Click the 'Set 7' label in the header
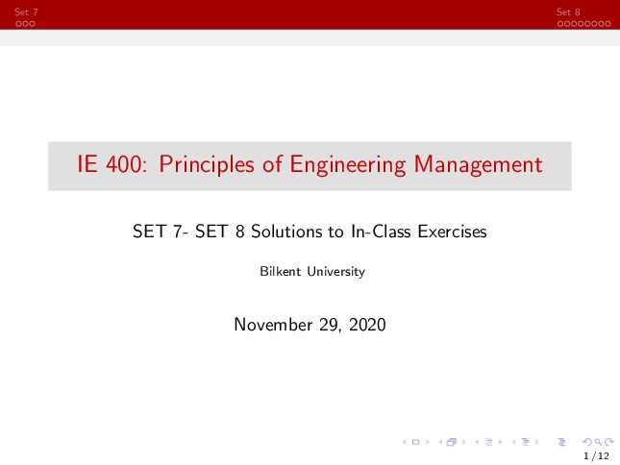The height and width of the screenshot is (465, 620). click(x=26, y=12)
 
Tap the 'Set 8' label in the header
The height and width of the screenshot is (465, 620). click(x=568, y=12)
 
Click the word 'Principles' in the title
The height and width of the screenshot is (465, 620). click(x=207, y=165)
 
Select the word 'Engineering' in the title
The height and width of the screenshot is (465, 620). click(x=348, y=165)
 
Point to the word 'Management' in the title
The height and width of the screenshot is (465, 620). click(x=478, y=164)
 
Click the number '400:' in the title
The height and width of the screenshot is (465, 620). click(x=127, y=164)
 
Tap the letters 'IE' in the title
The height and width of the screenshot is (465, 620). click(x=87, y=164)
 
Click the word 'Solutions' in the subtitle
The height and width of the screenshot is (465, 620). click(x=286, y=232)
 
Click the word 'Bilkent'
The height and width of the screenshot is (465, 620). click(x=281, y=272)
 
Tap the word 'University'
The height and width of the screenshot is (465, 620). click(x=336, y=272)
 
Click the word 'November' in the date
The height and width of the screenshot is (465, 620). click(x=273, y=325)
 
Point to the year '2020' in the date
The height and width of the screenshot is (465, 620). click(x=367, y=325)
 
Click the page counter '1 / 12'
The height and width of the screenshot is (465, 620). click(x=596, y=456)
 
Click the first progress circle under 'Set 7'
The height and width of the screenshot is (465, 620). click(x=18, y=24)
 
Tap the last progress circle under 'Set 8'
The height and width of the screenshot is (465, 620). click(x=608, y=24)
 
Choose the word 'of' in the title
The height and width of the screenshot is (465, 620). click(x=272, y=164)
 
